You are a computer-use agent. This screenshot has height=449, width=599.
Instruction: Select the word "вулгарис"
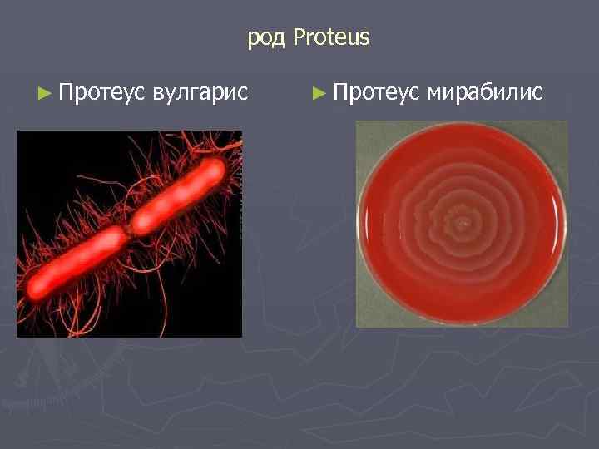point(200,91)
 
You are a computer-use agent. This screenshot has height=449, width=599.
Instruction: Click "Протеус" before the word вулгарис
point(104,91)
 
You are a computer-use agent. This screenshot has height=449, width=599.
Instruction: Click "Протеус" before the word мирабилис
point(379,91)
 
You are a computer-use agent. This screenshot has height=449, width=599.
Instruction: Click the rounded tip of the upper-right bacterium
point(217,169)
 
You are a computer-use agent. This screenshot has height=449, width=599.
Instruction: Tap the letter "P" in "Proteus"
point(299,37)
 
